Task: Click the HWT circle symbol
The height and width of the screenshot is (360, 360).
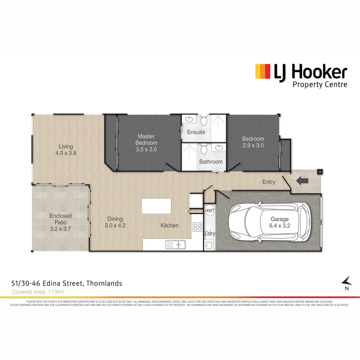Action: (x=209, y=211)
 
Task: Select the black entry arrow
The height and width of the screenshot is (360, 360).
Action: (x=302, y=181)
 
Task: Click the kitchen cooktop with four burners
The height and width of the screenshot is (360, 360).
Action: (x=197, y=227)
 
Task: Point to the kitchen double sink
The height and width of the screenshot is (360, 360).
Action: (x=176, y=245)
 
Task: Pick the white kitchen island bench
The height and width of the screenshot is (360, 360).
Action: (x=156, y=206)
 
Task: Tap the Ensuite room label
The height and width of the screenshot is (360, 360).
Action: (x=196, y=132)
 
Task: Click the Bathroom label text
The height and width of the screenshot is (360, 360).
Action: (x=211, y=162)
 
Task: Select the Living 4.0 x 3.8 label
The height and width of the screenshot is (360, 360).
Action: (x=66, y=150)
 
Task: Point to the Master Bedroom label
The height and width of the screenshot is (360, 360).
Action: (x=146, y=143)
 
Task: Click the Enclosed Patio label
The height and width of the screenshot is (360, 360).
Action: (x=61, y=222)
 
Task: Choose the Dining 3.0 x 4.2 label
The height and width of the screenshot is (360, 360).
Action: (x=115, y=222)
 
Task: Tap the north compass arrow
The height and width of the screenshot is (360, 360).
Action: (x=347, y=281)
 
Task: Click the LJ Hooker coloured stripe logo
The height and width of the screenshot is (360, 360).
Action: (x=262, y=71)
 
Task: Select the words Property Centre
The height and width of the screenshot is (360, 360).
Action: (x=320, y=84)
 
